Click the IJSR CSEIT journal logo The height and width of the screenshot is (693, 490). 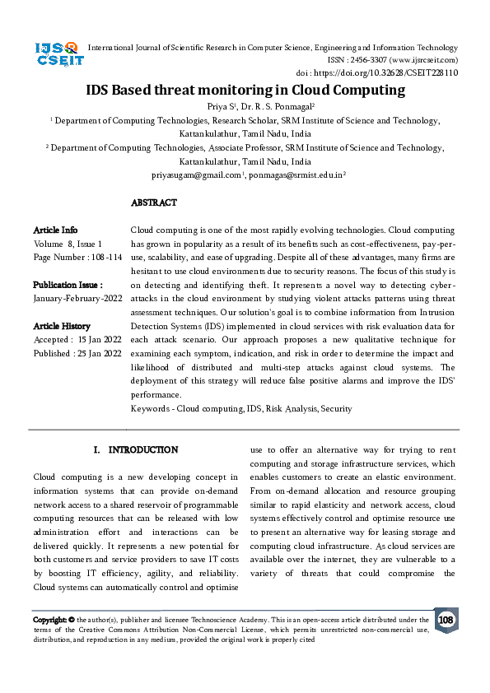point(57,54)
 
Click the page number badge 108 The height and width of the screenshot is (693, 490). point(446,620)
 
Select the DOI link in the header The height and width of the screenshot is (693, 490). point(394,72)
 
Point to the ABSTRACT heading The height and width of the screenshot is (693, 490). point(153,202)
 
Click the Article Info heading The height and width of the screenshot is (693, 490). point(55,230)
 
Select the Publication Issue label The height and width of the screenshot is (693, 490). point(68,285)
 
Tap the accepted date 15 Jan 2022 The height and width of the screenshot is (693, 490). point(98,340)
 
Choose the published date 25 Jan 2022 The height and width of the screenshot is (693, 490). point(100,353)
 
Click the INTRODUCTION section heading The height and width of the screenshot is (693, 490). point(142,450)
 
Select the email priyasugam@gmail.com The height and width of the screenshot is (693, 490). point(196,175)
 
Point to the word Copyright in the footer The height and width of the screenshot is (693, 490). point(49,620)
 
